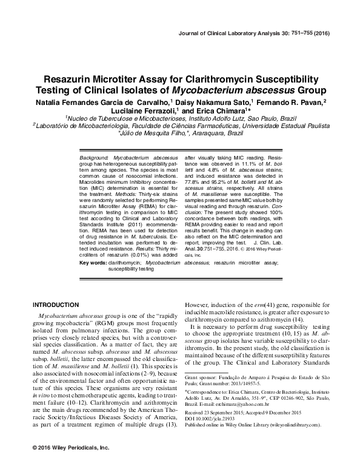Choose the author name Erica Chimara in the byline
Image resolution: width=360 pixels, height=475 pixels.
(208, 112)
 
